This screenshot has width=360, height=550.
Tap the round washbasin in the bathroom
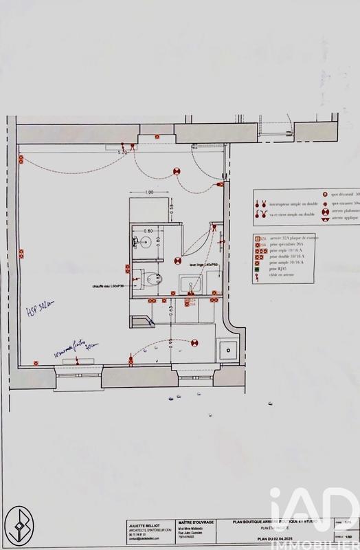pyautogui.click(x=146, y=243)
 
